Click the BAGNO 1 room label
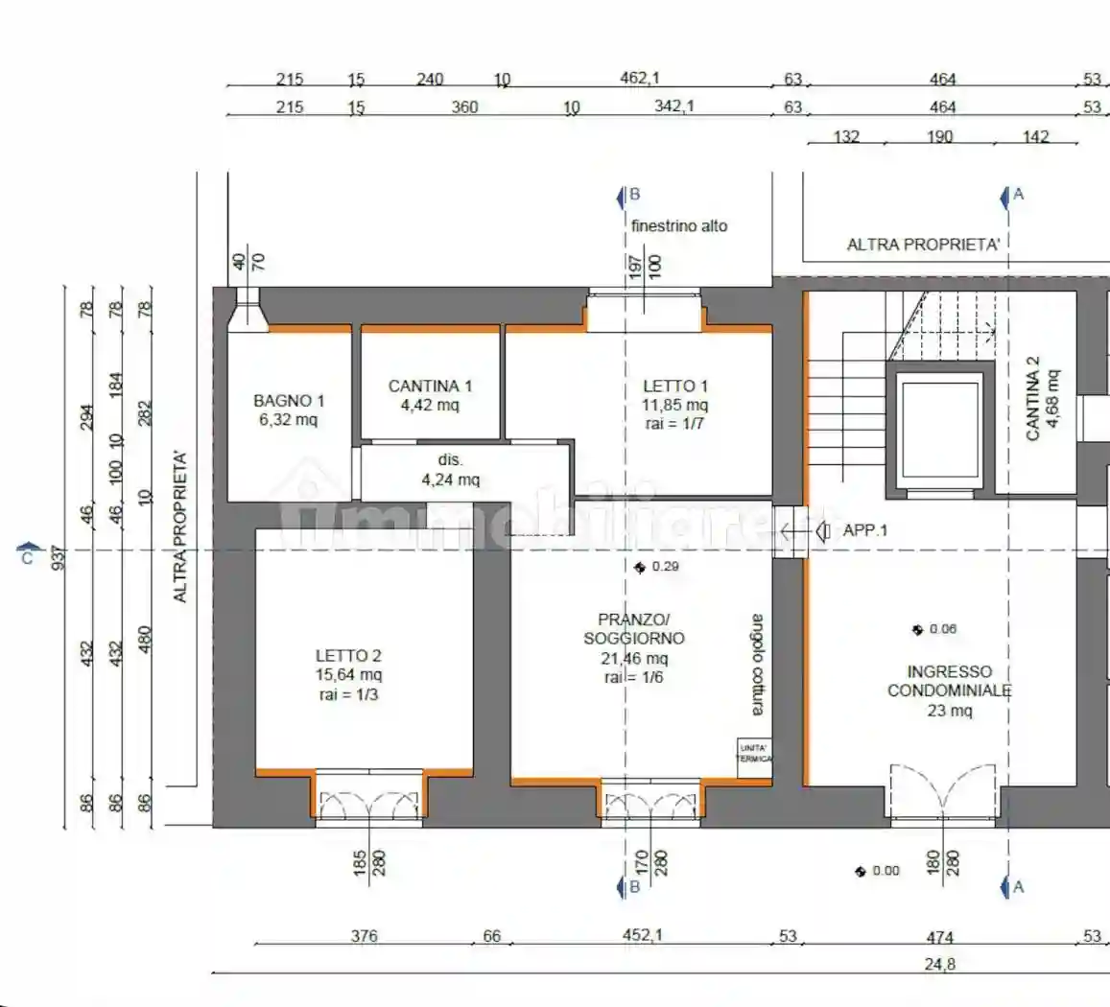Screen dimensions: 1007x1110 (289, 410)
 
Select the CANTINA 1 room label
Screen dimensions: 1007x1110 (430, 394)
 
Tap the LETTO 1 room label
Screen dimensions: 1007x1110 (674, 404)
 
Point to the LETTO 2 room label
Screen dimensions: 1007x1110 (348, 674)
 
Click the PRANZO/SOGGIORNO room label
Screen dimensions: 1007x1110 (634, 647)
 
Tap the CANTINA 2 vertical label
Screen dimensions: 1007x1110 (1041, 398)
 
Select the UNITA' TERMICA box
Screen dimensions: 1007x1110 (753, 752)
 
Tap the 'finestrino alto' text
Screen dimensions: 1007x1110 (679, 226)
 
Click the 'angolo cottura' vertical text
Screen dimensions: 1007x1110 (758, 664)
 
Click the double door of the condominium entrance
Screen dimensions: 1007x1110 (944, 794)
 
